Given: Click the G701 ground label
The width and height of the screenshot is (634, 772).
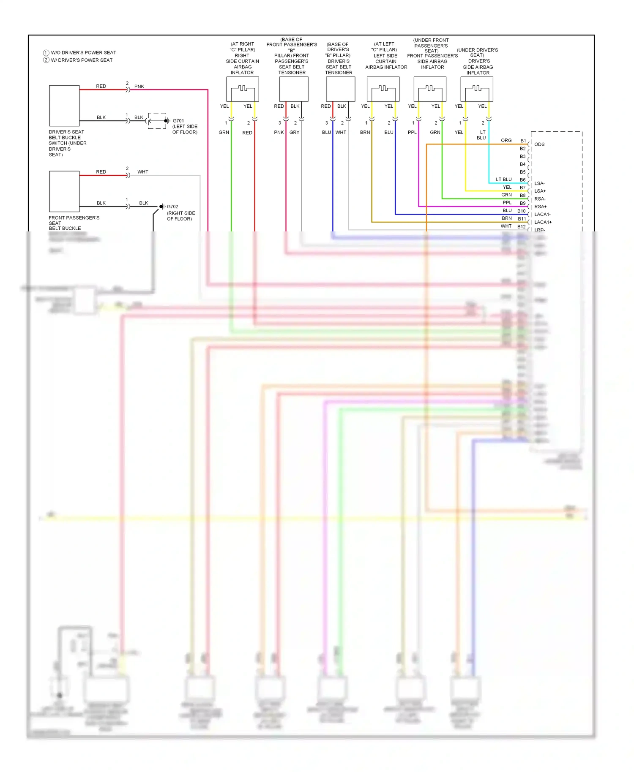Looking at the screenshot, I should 178,121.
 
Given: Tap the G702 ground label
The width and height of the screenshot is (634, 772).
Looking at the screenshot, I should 172,207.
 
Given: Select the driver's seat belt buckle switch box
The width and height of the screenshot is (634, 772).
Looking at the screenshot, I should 64,106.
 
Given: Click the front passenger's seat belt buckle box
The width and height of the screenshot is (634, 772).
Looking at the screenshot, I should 64,191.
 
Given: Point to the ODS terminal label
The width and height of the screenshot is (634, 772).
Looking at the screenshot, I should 539,144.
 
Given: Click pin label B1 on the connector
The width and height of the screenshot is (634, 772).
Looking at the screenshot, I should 523,141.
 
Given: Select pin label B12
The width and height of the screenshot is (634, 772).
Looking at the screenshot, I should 522,226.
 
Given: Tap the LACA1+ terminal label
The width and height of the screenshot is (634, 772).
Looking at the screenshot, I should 543,222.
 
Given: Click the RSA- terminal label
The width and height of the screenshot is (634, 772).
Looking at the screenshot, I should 540,199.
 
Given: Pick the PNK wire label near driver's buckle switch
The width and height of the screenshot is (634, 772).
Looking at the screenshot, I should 139,87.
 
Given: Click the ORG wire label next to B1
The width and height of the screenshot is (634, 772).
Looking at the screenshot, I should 506,140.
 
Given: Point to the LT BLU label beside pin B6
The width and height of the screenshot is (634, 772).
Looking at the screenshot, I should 503,179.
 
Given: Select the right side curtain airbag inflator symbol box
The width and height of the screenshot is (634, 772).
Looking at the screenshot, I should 243,89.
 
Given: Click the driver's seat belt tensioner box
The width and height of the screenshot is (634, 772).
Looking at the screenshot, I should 340,89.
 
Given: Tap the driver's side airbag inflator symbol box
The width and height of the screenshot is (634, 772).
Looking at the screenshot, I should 477,89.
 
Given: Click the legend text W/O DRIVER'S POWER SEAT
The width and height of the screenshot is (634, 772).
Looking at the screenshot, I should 83,53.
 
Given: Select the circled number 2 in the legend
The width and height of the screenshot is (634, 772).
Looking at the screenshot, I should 46,60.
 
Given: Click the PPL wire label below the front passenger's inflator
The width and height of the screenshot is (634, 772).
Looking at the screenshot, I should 412,133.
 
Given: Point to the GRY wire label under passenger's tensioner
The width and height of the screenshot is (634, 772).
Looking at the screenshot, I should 294,133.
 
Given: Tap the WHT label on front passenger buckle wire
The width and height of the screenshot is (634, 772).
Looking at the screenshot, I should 143,172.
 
